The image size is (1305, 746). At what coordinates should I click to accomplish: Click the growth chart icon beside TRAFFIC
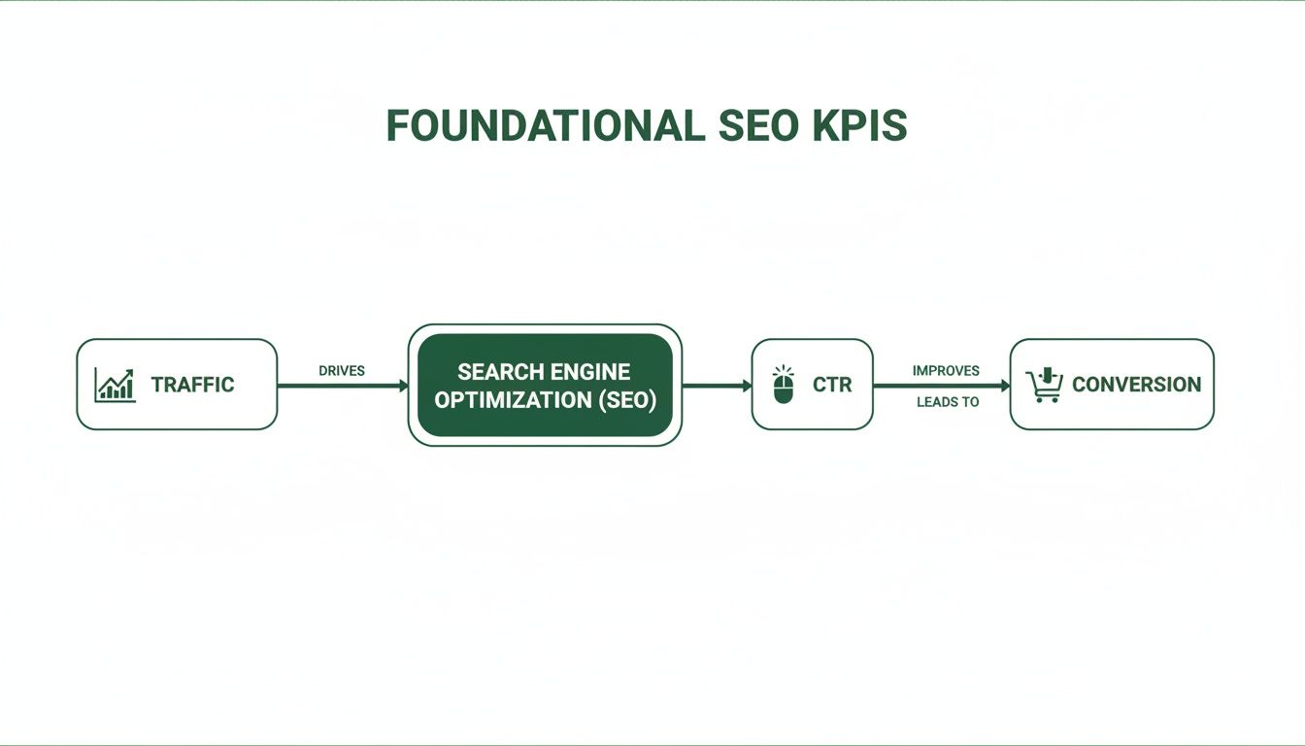115,385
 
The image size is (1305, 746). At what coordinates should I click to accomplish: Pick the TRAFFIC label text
192,385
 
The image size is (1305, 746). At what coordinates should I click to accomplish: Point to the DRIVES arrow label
342,371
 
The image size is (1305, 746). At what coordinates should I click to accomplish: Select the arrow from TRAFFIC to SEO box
342,386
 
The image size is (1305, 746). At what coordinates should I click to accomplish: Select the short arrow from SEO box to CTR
717,386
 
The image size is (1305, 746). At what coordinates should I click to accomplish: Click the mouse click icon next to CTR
784,385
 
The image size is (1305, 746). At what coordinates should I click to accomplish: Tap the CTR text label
832,385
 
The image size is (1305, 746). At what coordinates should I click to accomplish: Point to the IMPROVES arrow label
946,370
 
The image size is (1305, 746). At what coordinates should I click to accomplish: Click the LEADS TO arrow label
948,401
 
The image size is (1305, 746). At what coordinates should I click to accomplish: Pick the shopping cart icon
1045,386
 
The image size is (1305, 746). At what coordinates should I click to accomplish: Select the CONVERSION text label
1136,385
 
